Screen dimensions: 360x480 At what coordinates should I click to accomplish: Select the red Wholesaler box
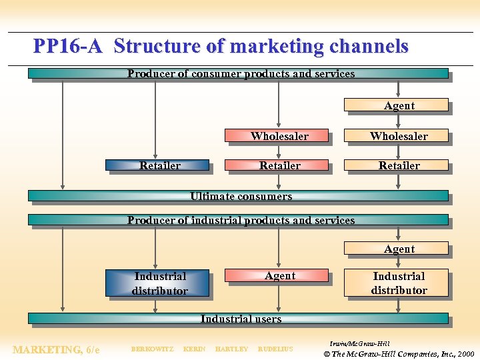coord(277,136)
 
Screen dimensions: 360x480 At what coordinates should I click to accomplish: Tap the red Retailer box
coord(277,165)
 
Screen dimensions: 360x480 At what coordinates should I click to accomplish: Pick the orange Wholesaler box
coord(397,136)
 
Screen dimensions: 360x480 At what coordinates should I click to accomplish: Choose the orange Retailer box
coord(397,165)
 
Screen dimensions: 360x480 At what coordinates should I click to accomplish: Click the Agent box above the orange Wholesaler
coord(397,105)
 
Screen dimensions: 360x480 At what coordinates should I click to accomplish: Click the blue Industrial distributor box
coord(157,283)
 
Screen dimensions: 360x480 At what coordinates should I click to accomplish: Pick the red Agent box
coord(277,275)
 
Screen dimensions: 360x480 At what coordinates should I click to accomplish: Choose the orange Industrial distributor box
coord(397,283)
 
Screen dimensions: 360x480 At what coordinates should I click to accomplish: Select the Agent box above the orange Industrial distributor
coord(397,249)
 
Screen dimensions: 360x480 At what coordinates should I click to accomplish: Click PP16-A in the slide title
coord(67,46)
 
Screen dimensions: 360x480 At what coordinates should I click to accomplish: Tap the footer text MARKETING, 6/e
coord(56,349)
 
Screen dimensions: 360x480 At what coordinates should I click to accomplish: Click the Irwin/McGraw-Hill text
coord(359,343)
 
